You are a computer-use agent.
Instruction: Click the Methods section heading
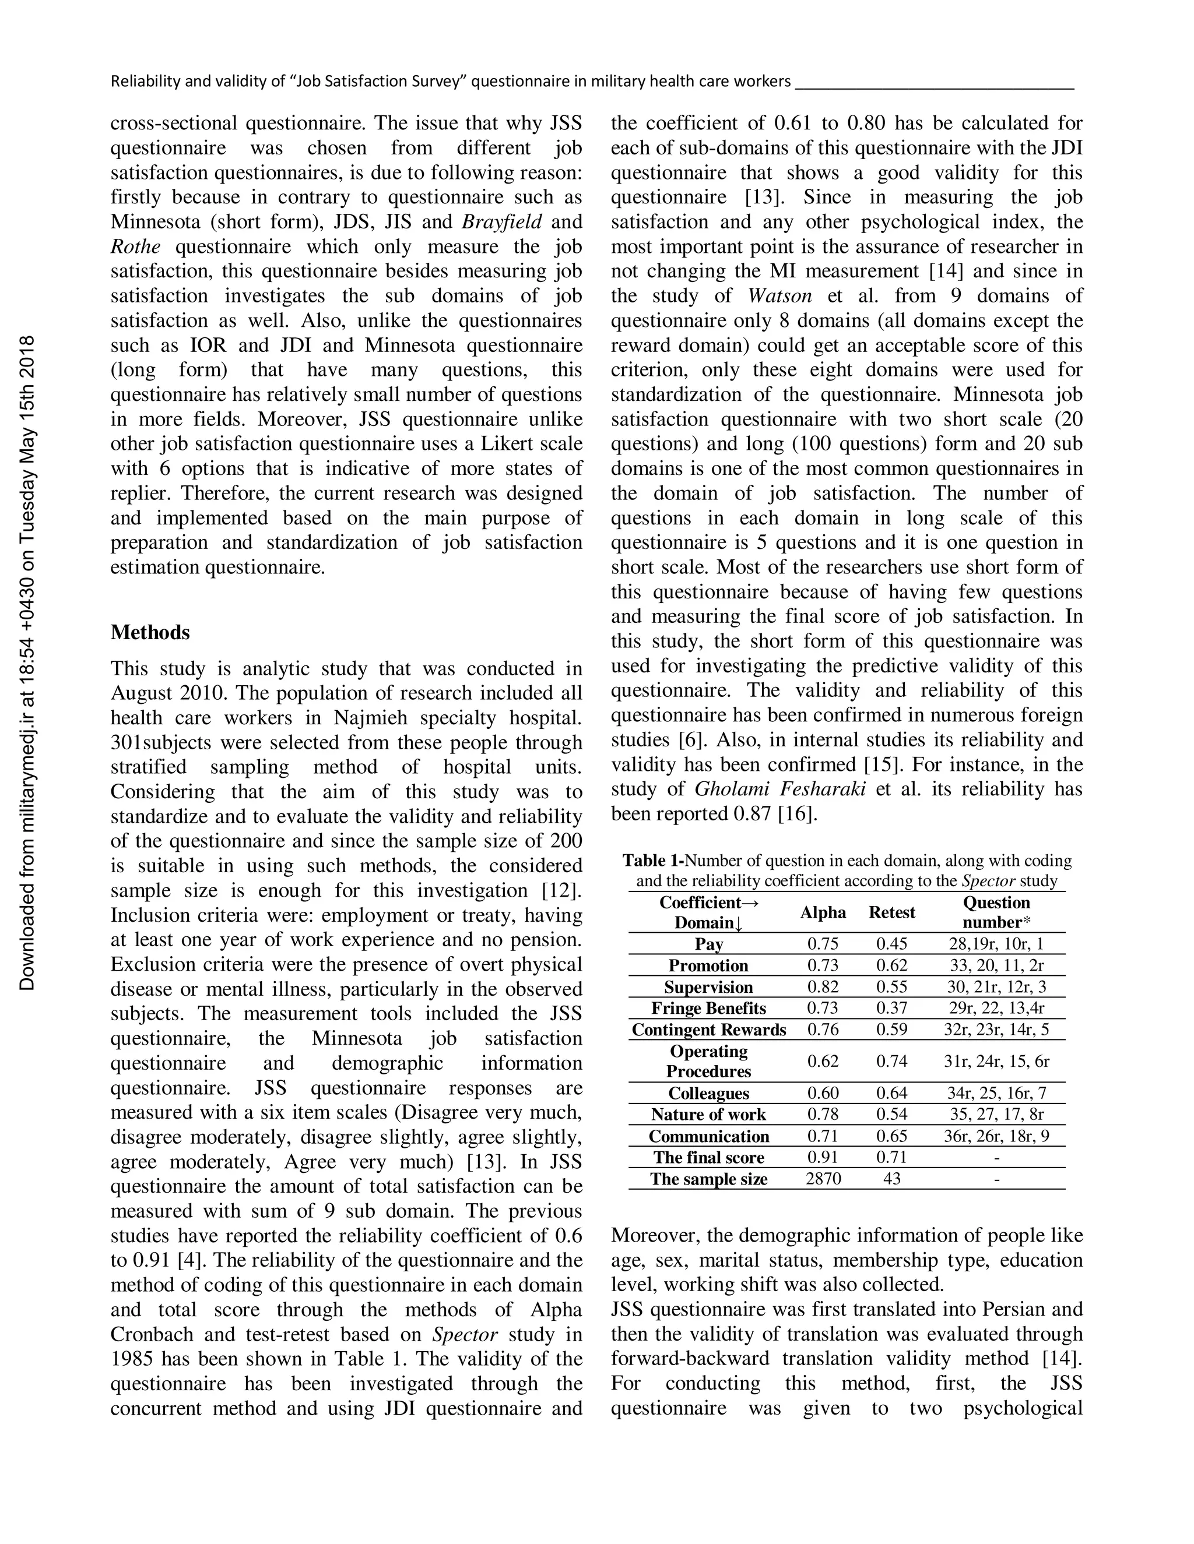[x=150, y=632]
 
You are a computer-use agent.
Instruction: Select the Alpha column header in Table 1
[x=823, y=912]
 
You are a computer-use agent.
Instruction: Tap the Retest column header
[x=891, y=912]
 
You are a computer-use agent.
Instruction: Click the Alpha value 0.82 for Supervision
[x=823, y=987]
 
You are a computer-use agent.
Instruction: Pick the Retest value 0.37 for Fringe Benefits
[x=891, y=1008]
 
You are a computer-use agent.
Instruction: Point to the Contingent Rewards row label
[x=709, y=1030]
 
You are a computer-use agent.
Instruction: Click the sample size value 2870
[x=823, y=1179]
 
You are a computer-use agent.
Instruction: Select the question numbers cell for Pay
[x=996, y=944]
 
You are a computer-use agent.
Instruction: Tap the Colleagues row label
[x=709, y=1094]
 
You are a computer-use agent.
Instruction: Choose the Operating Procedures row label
[x=709, y=1061]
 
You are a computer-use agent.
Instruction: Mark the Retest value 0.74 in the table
[x=891, y=1061]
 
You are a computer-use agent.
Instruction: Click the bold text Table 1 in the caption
[x=654, y=861]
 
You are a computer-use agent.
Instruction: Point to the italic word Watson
[x=780, y=295]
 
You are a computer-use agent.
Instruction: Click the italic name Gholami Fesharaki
[x=780, y=789]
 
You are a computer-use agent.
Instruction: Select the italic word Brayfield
[x=502, y=222]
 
